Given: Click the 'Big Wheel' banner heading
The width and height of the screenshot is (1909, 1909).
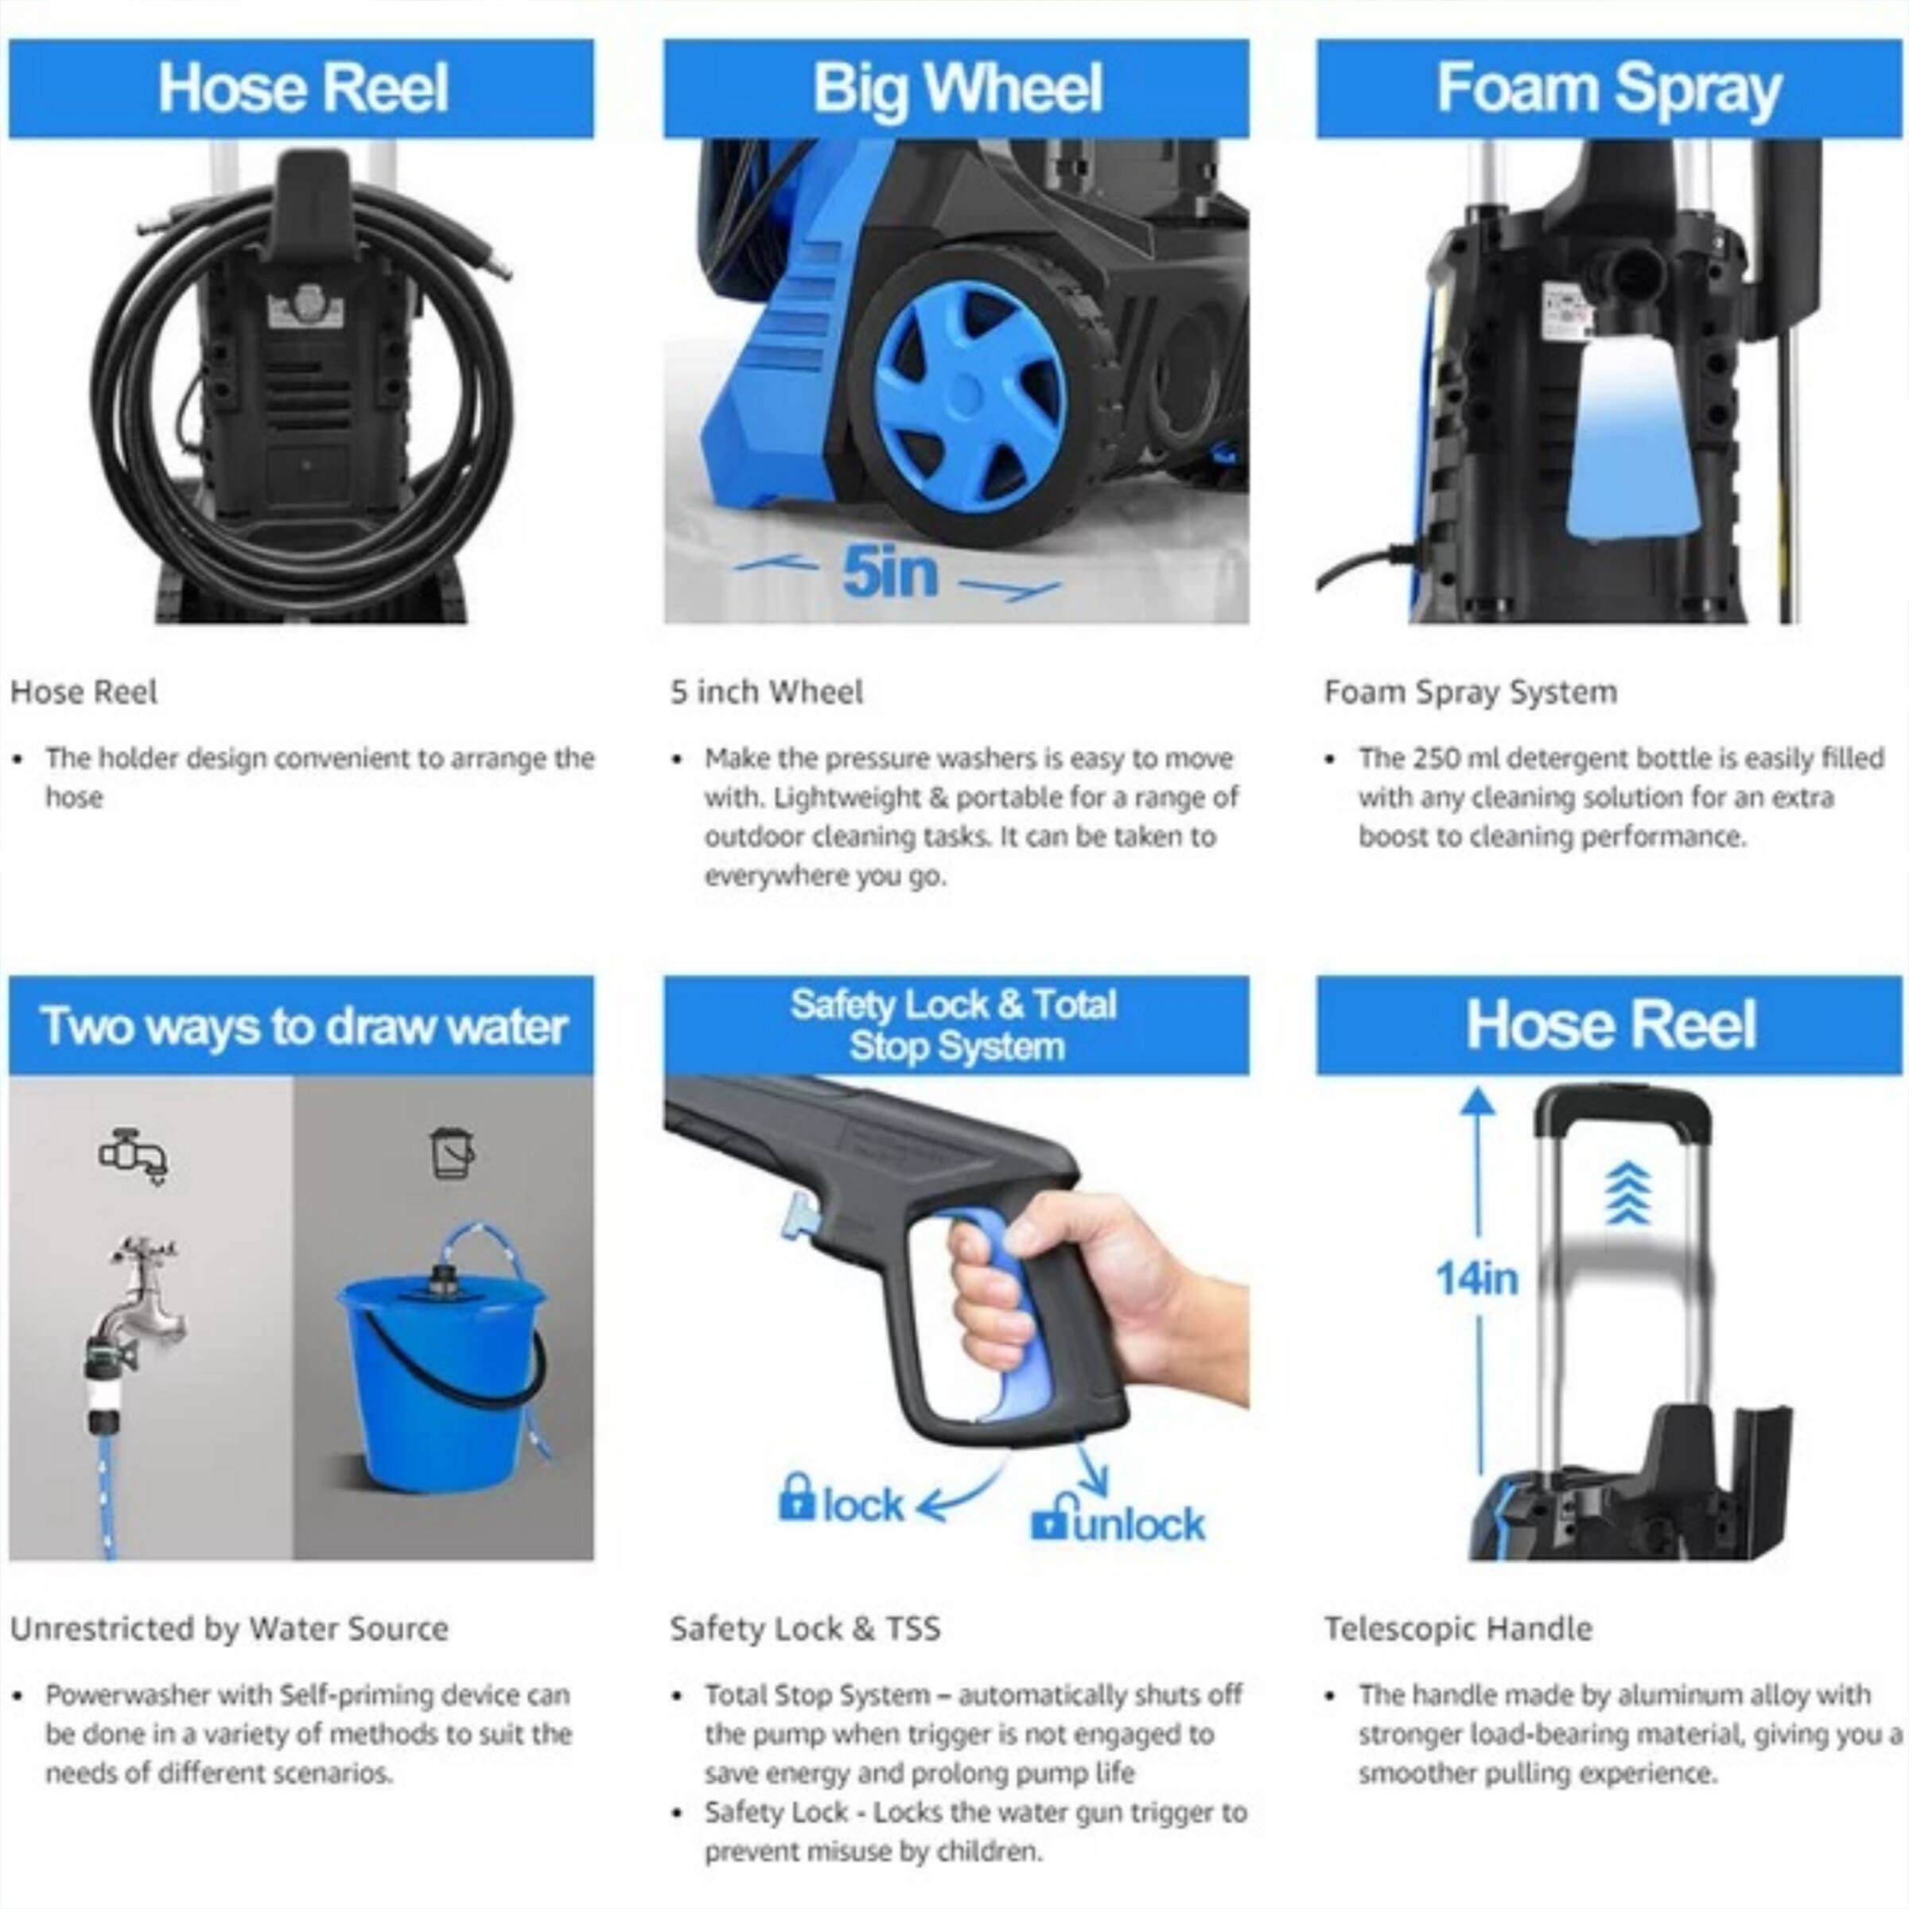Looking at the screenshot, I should click(x=955, y=89).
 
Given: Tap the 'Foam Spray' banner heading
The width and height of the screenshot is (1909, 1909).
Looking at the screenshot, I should click(x=1608, y=89).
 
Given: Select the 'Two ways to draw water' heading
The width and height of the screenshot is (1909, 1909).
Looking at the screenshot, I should click(x=303, y=1027).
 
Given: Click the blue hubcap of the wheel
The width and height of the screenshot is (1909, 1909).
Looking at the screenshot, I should click(x=968, y=395).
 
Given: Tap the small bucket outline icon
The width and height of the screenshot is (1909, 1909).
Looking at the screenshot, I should click(x=453, y=1152).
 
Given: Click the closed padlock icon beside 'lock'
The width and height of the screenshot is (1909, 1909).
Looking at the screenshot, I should click(x=795, y=1498).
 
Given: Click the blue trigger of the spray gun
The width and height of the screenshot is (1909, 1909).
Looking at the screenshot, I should click(x=1003, y=1314).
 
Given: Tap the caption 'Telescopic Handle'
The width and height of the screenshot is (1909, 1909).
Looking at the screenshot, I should click(x=1457, y=1628).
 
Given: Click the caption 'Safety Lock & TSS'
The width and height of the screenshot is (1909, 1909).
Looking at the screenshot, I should click(x=804, y=1628).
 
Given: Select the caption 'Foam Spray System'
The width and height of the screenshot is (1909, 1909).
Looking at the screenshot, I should click(x=1470, y=692).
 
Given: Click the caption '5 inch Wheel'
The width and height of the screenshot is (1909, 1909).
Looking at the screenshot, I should click(x=767, y=692).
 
